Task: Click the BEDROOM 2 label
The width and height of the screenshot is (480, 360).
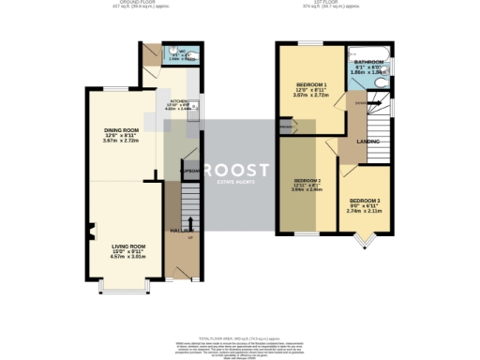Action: [x=307, y=180]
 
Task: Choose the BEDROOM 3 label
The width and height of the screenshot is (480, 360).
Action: [x=365, y=201]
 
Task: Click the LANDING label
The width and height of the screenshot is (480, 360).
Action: [x=368, y=142]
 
